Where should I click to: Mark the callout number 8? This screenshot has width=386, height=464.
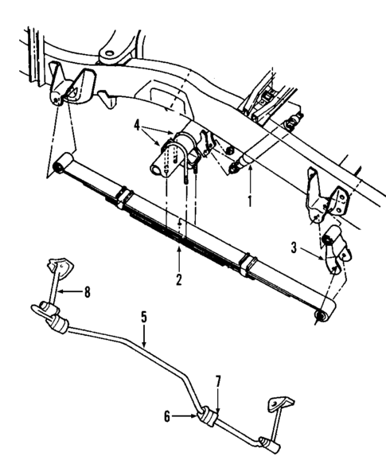tap(88, 291)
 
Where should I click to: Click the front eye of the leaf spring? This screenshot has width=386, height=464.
tap(58, 166)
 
